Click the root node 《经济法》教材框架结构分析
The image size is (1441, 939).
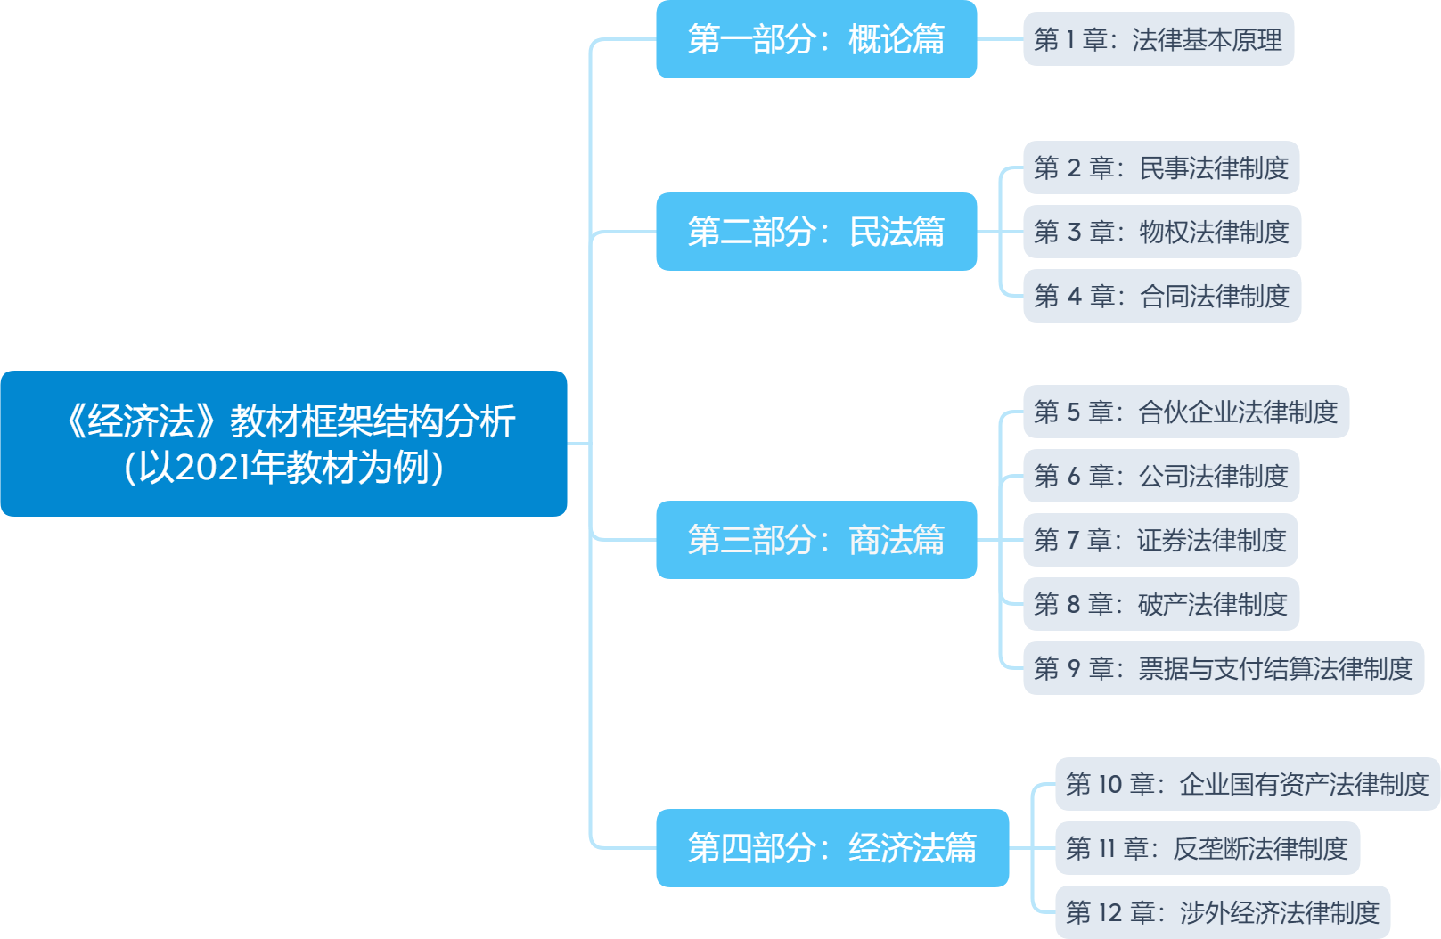[283, 443]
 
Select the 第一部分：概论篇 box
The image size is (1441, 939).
[815, 39]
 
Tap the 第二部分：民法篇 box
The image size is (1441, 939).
[815, 232]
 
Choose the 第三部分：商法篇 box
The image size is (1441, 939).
[815, 540]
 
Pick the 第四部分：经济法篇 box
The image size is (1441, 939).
[831, 848]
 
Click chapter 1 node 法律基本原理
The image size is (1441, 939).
[1158, 39]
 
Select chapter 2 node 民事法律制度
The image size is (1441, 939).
[1160, 167]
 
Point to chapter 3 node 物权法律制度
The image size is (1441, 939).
[1160, 232]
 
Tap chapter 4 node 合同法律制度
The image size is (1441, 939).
[1160, 296]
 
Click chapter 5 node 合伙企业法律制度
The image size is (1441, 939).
[1185, 412]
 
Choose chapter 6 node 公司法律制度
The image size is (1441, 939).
[1160, 476]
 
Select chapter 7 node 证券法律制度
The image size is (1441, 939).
[1159, 540]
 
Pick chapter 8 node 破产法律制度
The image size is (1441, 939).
[1160, 604]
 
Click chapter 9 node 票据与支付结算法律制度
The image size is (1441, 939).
[1223, 668]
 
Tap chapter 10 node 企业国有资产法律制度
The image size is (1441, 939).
[1247, 784]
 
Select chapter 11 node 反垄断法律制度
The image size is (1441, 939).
[1207, 848]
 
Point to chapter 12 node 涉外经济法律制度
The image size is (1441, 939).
[1222, 912]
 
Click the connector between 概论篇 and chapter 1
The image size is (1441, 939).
[1000, 39]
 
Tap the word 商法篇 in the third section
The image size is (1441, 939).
[896, 540]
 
